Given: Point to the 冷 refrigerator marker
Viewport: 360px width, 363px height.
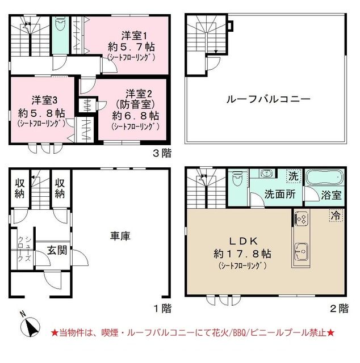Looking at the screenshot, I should [x=336, y=217].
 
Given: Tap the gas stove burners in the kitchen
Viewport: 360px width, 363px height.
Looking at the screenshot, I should [x=300, y=218].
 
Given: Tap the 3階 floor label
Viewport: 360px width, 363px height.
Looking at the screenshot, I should [x=161, y=153].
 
